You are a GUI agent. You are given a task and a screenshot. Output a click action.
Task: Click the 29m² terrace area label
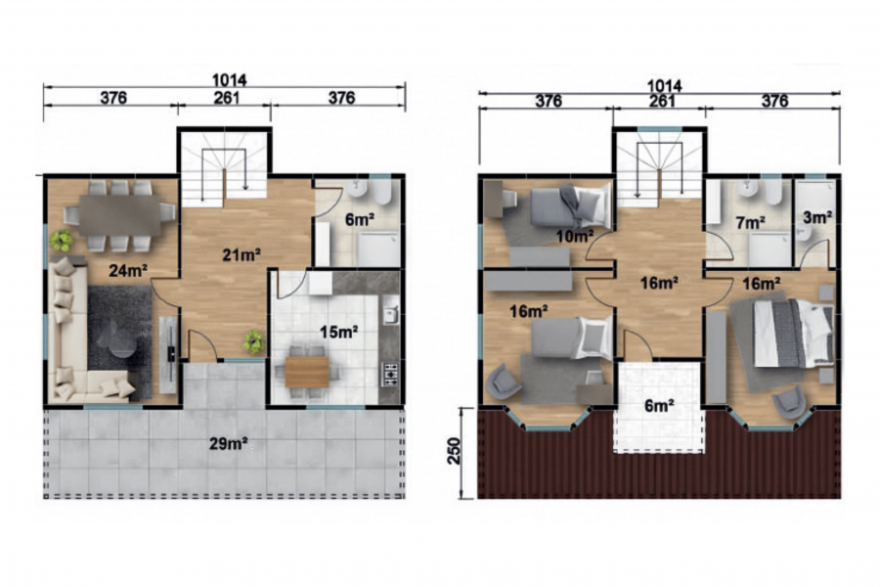(x=229, y=444)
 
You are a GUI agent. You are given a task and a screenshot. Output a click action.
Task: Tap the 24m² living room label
(x=128, y=271)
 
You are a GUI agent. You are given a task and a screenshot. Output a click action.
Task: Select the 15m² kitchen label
(x=339, y=332)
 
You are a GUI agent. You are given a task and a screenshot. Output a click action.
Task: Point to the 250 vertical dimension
(x=454, y=451)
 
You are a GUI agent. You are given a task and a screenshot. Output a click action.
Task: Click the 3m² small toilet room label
(x=816, y=217)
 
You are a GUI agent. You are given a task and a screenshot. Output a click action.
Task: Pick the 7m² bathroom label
(x=750, y=222)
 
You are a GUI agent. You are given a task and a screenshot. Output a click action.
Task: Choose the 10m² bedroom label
(x=575, y=237)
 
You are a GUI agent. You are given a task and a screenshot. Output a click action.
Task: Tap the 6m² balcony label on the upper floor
(x=659, y=404)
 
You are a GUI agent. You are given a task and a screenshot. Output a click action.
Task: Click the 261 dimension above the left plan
(x=226, y=98)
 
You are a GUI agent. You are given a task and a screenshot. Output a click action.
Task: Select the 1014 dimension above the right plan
(x=664, y=86)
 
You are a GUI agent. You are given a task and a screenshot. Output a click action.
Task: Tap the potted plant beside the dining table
(x=62, y=240)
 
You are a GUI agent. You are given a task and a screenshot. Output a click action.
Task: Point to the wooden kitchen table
(x=306, y=372)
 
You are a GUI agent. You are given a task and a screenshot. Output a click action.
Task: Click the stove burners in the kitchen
(x=390, y=374)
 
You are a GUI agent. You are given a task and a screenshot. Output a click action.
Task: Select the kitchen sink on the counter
(x=391, y=316)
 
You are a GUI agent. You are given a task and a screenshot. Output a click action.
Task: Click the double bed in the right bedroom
(x=792, y=334)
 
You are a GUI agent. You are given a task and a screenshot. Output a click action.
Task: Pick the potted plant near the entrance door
(x=253, y=341)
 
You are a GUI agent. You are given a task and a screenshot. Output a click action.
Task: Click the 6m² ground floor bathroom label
(x=360, y=219)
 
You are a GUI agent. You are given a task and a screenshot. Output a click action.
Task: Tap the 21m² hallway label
(x=242, y=255)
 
